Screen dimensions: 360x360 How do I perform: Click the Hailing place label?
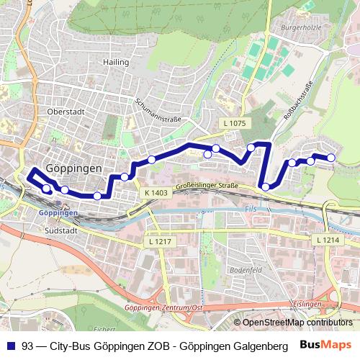[x=115, y=62]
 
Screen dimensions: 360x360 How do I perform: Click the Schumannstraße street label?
[x=158, y=109]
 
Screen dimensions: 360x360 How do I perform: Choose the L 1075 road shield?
[x=234, y=124]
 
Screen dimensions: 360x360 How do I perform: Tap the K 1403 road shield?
[x=156, y=192]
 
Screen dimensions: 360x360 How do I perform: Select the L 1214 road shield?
[x=326, y=239]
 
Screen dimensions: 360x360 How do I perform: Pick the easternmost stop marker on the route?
[x=331, y=158]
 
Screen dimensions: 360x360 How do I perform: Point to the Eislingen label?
[x=308, y=304]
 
